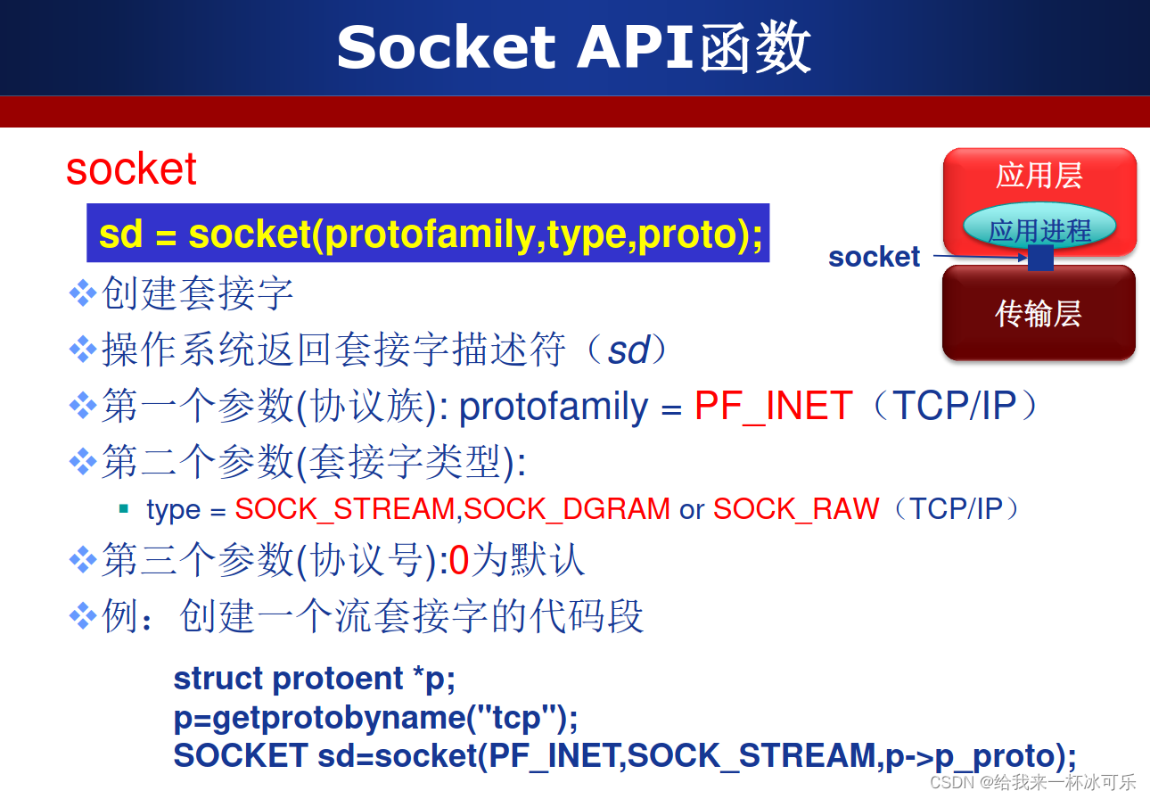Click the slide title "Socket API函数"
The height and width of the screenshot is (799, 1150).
point(573,47)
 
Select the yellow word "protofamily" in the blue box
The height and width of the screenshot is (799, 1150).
point(430,235)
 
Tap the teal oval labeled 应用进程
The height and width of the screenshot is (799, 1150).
point(1039,227)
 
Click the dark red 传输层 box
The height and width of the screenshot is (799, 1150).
point(1039,313)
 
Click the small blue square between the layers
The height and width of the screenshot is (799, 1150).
point(1040,257)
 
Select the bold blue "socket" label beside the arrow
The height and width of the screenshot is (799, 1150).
point(874,257)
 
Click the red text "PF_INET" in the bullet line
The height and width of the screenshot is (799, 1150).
point(773,405)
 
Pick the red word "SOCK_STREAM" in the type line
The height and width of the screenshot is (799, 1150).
point(345,509)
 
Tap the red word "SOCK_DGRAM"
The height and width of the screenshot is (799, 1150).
point(567,509)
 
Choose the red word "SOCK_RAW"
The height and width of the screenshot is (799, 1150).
point(796,509)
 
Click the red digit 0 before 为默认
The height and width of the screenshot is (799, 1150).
point(458,560)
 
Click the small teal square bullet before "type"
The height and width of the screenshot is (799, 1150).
point(123,508)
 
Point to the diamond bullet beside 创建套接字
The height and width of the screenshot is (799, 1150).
point(83,293)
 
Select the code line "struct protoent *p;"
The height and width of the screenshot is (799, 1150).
point(314,679)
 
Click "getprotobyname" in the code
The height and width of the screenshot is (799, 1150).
point(339,717)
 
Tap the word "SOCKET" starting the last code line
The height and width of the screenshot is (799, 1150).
point(241,755)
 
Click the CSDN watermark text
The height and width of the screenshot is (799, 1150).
point(1033,783)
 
